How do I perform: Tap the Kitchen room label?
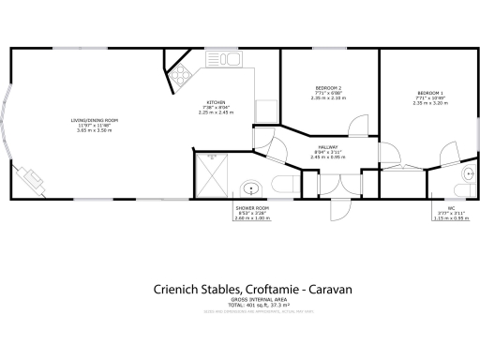point(217,103)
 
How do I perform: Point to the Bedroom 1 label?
point(430,93)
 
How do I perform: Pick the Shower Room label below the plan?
point(251,206)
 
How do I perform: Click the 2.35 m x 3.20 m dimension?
point(430,102)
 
